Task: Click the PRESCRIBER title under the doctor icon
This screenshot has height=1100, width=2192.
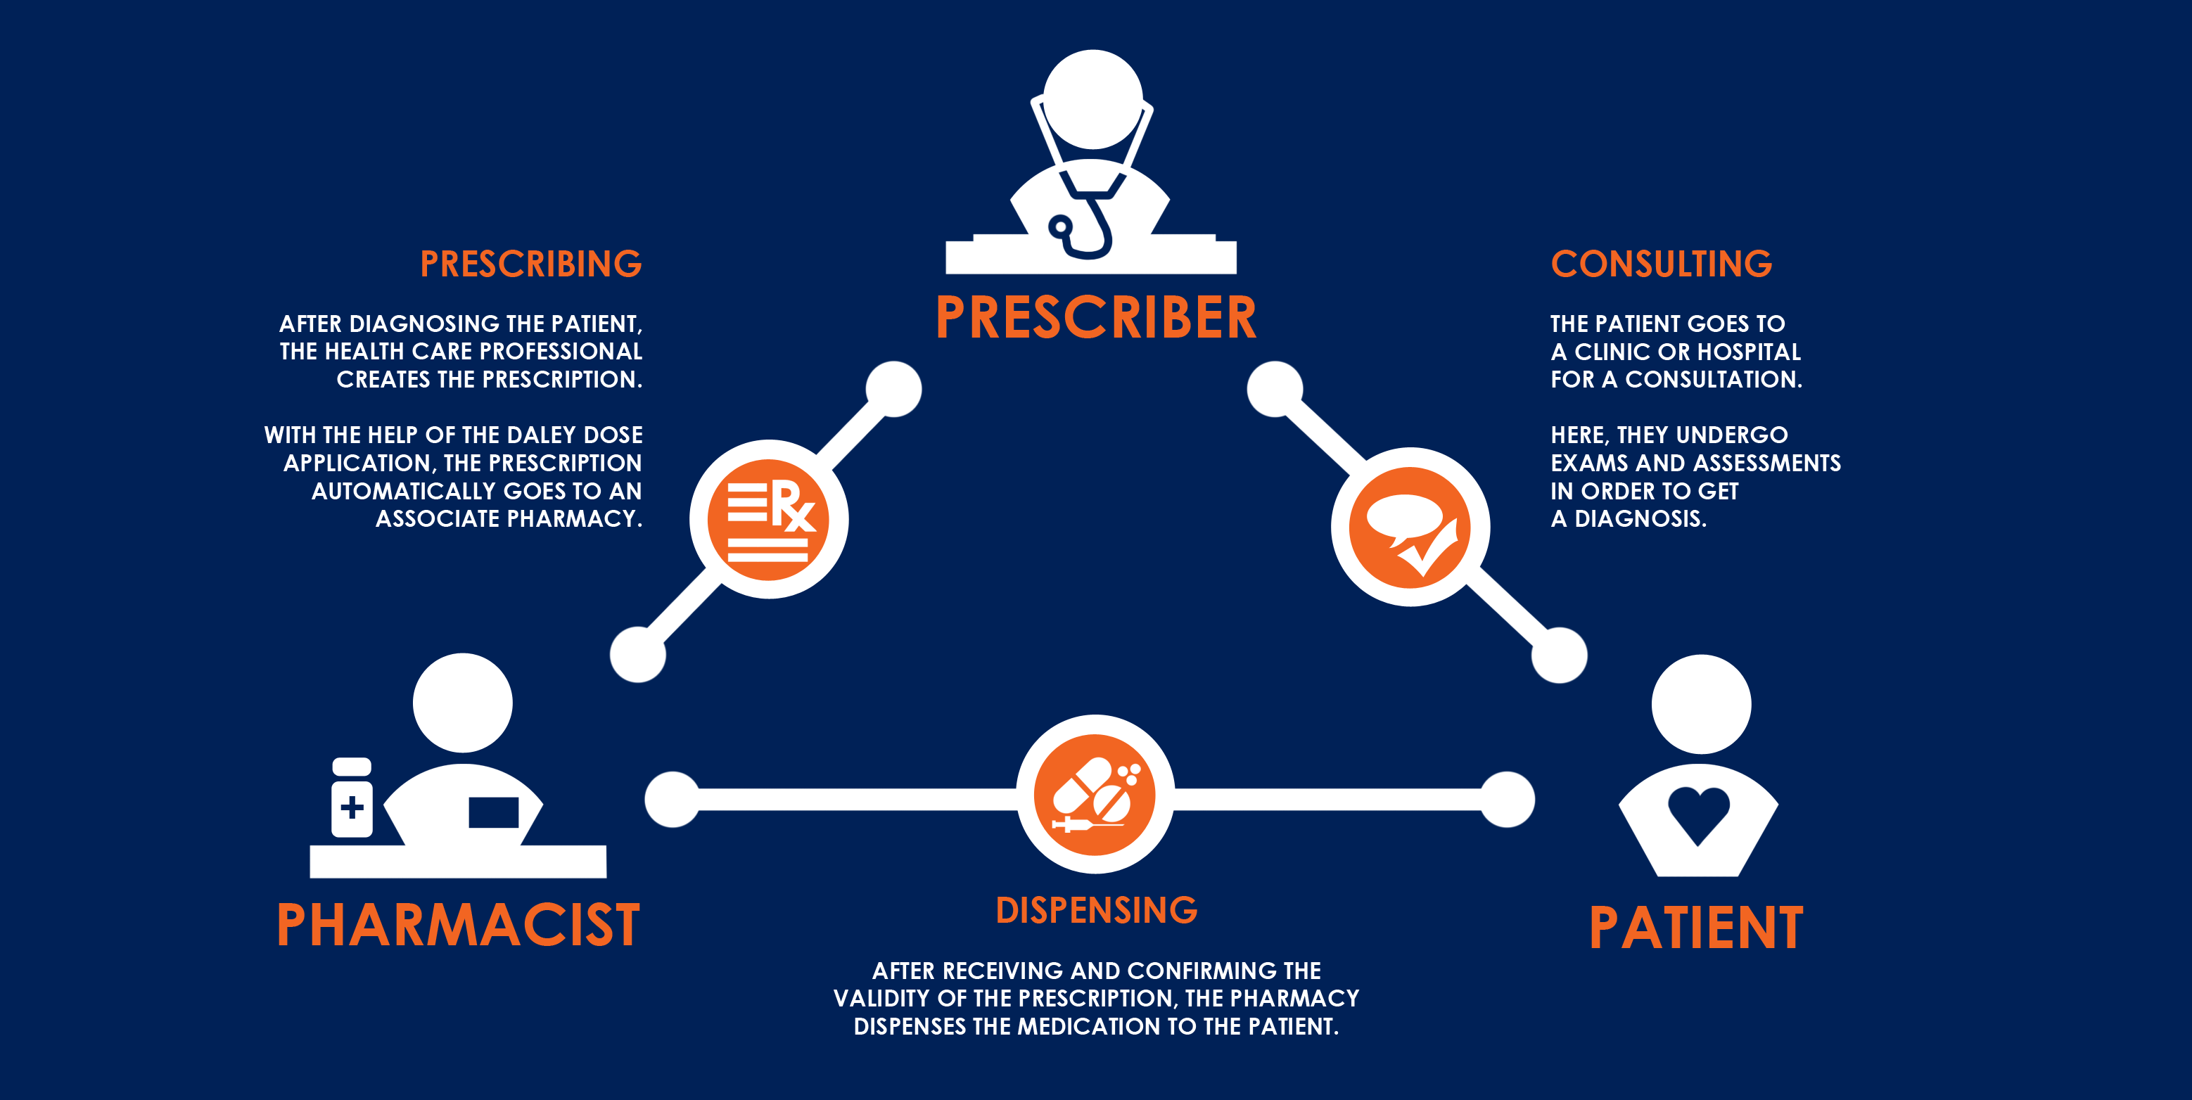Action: [x=1095, y=317]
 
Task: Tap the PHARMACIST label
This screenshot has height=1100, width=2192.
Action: [x=458, y=925]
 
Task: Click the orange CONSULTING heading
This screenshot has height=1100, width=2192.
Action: [x=1661, y=264]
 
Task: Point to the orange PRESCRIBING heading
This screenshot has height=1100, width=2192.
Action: [x=531, y=264]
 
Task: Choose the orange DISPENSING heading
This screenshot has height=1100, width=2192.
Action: [x=1096, y=910]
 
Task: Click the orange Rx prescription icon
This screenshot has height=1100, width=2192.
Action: [x=768, y=520]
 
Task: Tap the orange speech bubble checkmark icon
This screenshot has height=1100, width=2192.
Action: [x=1410, y=527]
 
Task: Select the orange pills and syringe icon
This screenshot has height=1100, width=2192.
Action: [x=1095, y=795]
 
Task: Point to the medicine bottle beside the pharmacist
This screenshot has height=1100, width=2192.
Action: [x=352, y=798]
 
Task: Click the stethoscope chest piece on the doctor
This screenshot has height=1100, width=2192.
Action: [x=1060, y=227]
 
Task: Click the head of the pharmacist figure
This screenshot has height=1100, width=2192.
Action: [x=462, y=703]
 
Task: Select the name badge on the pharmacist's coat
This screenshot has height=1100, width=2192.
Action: [x=494, y=812]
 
